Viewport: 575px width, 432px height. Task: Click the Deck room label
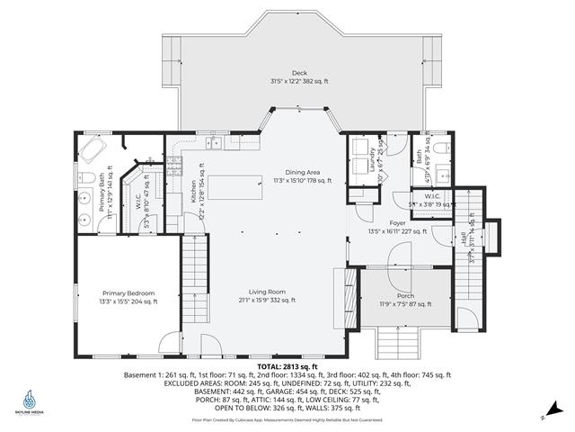pos(299,76)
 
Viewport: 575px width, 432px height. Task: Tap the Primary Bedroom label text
pos(129,297)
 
